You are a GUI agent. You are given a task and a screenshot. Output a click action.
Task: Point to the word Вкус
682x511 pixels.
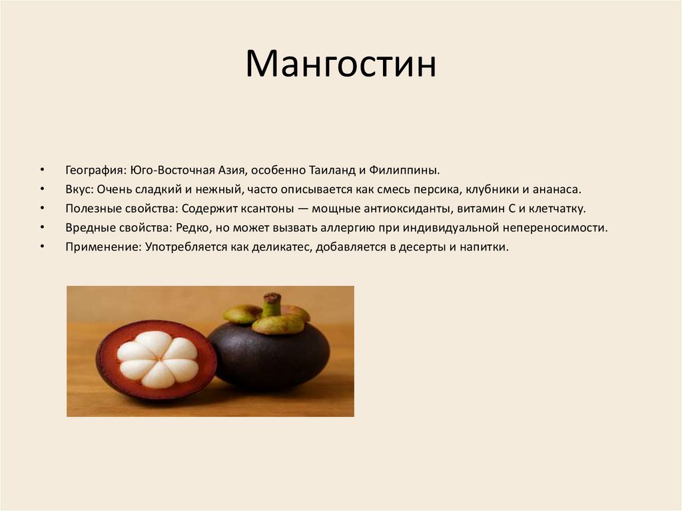click(x=77, y=189)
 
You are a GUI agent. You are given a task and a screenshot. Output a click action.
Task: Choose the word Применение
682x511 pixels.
click(x=98, y=247)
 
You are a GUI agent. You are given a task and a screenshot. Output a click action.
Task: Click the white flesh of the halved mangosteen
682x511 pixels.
click(x=157, y=359)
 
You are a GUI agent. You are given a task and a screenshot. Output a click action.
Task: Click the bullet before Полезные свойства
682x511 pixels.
click(x=42, y=209)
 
